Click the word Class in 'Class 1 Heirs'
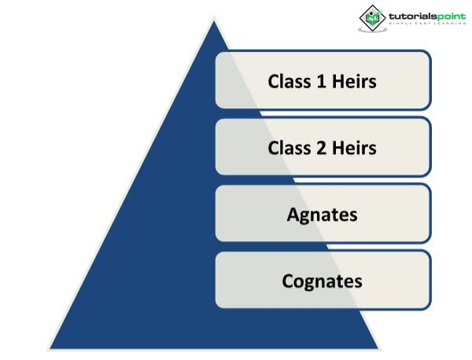click(x=288, y=81)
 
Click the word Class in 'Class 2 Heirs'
click(x=288, y=148)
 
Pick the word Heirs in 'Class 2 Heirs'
click(x=354, y=148)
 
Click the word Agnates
click(x=322, y=215)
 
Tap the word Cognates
click(x=322, y=281)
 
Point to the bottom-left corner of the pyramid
click(x=50, y=347)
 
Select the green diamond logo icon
click(x=371, y=17)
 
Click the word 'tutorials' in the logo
click(x=407, y=13)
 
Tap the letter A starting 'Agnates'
click(x=293, y=215)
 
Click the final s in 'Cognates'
click(x=358, y=281)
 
